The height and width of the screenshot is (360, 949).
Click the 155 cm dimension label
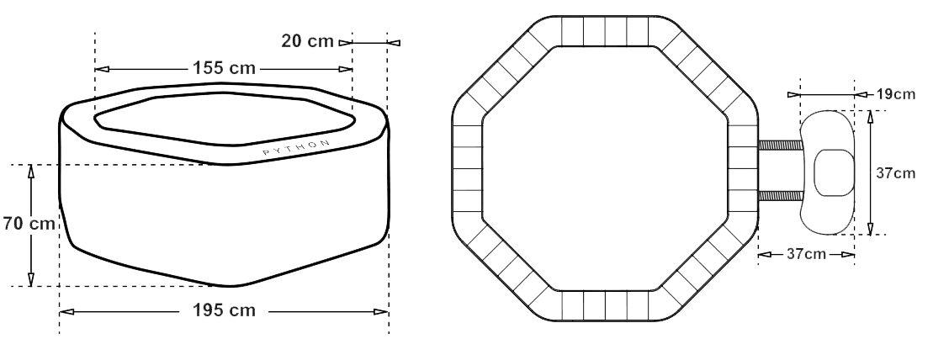point(224,68)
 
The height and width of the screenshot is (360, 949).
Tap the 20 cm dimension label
point(307,41)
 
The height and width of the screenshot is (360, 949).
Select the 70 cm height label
point(29,223)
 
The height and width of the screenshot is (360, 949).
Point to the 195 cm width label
point(224,310)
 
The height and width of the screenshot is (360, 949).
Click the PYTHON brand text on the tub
point(296,148)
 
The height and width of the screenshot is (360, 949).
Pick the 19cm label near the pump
point(896,94)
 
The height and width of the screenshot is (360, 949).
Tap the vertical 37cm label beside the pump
point(896,173)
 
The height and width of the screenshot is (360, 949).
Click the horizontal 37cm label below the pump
point(807,254)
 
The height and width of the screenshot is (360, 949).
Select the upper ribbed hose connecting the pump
point(781,146)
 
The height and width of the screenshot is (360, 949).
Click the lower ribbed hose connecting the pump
point(781,195)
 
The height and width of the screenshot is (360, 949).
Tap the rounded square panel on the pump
point(834,172)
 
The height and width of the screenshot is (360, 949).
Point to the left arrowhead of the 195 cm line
point(66,311)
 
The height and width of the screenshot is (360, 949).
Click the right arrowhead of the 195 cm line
point(380,311)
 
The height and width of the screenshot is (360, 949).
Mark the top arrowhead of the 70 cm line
point(31,172)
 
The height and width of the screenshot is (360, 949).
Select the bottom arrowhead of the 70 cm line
point(31,279)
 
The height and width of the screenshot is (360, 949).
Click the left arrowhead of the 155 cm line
point(103,69)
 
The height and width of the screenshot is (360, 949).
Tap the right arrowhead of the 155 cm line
point(346,69)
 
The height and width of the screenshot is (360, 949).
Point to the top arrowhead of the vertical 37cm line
point(870,117)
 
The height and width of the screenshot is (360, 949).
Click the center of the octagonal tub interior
point(605,168)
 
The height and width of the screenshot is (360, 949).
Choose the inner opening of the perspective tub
point(224,119)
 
